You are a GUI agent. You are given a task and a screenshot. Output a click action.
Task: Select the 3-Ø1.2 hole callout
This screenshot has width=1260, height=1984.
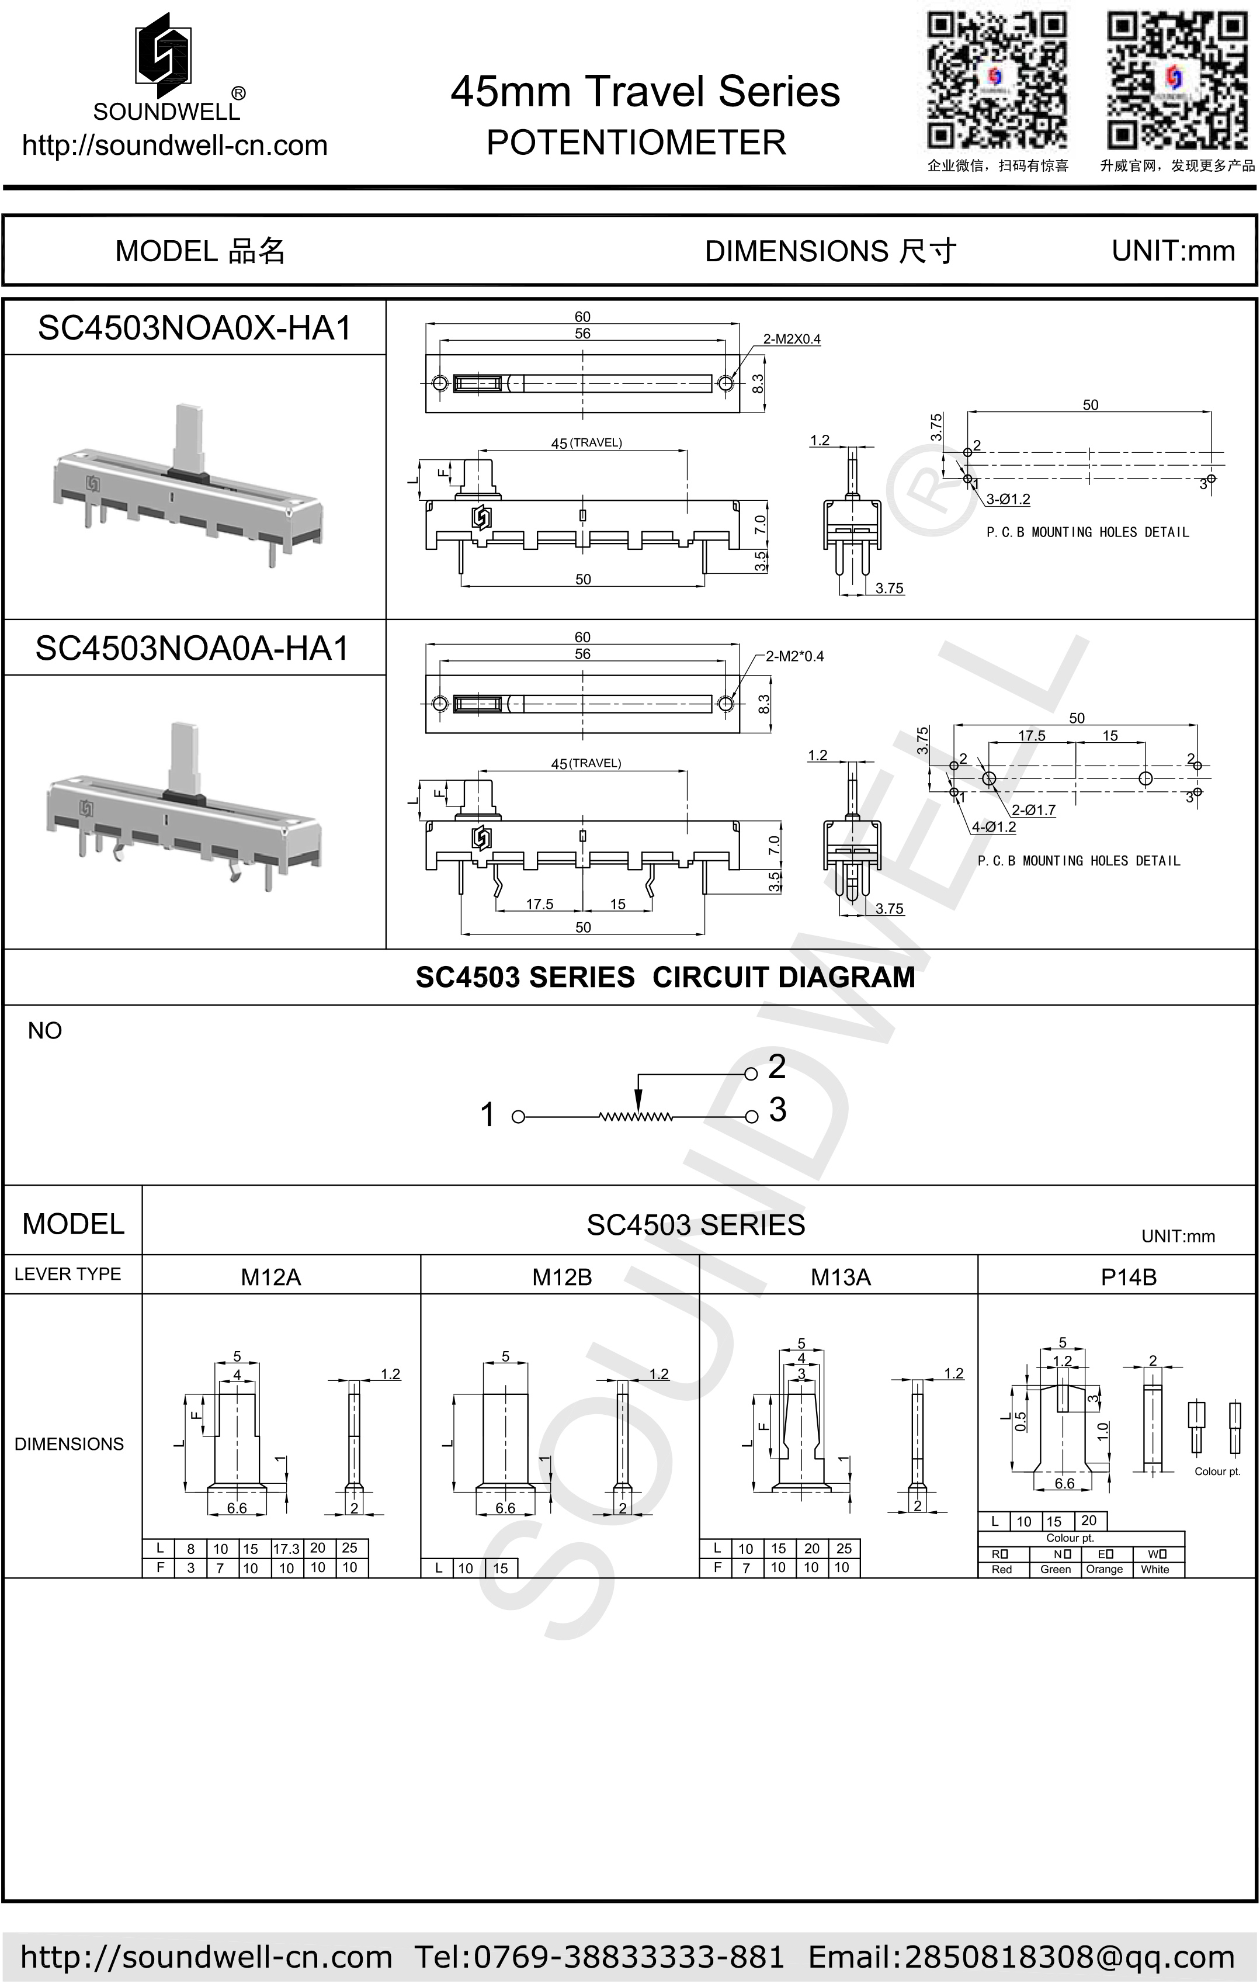tap(1008, 499)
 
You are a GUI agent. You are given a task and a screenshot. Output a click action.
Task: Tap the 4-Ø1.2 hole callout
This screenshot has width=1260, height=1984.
tap(994, 827)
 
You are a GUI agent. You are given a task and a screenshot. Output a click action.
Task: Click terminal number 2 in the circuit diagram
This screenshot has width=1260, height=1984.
tap(776, 1067)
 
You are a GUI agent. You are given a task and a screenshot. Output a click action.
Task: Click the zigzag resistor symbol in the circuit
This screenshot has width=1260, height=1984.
tap(636, 1117)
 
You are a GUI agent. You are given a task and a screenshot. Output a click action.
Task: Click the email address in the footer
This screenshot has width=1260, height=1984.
tap(1021, 1957)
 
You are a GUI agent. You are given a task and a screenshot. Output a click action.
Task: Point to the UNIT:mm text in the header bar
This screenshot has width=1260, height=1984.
tap(1173, 251)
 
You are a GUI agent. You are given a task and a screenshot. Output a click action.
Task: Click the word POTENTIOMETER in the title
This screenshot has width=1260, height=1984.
tap(636, 143)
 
